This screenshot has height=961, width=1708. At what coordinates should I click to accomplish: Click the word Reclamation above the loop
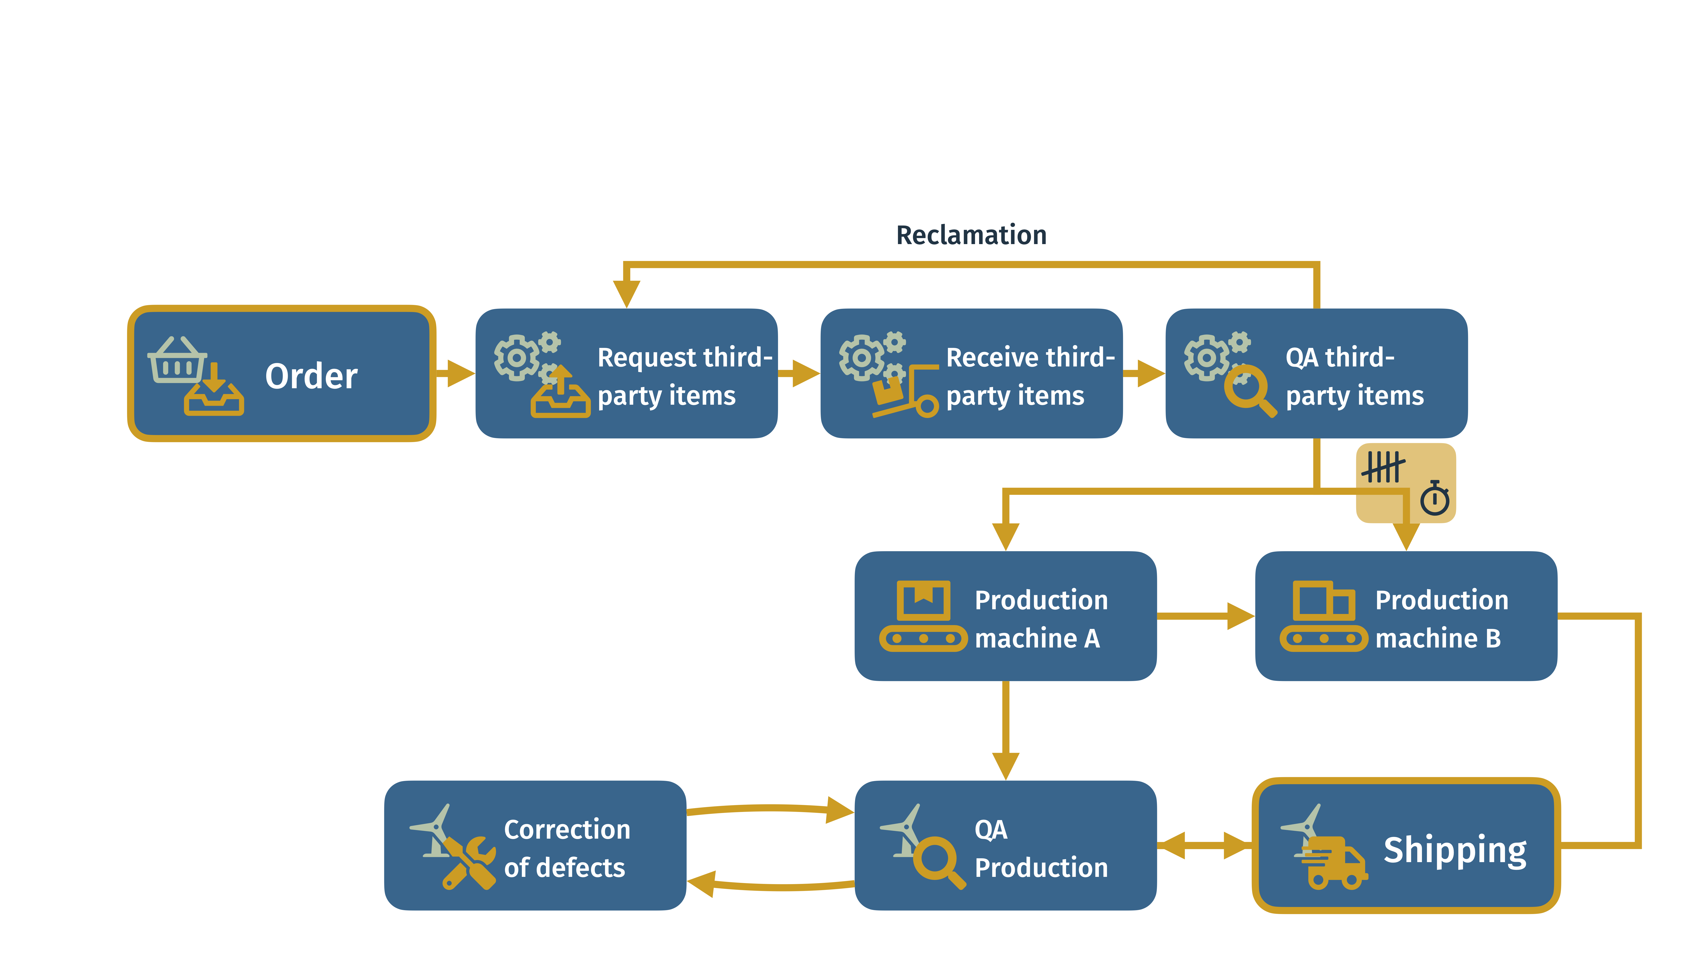971,235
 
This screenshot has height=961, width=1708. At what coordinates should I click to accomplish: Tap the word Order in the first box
312,376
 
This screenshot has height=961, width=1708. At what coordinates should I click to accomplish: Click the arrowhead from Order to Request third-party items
461,373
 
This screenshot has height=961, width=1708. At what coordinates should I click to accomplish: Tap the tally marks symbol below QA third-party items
1383,467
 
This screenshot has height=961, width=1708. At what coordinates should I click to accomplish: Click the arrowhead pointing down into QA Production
1006,766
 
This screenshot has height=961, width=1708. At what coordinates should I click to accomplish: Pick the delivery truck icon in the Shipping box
1333,862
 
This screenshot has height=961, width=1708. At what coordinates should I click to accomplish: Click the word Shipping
1455,851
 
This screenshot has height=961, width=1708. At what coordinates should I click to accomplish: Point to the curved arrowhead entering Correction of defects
702,883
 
